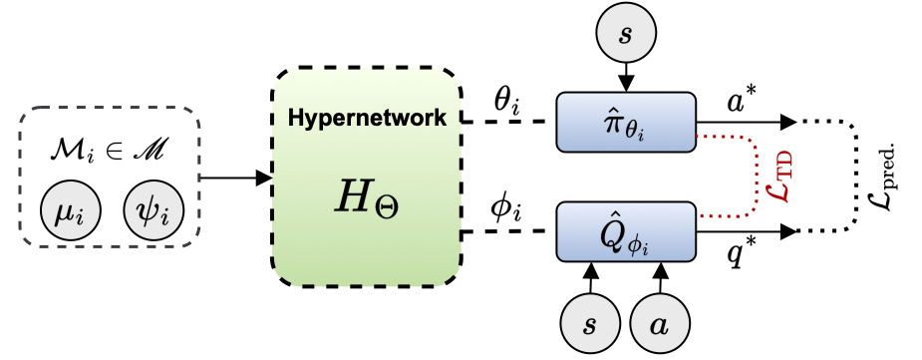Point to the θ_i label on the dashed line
[x=507, y=101]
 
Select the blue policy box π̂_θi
[x=624, y=122]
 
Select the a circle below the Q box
[x=658, y=325]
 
